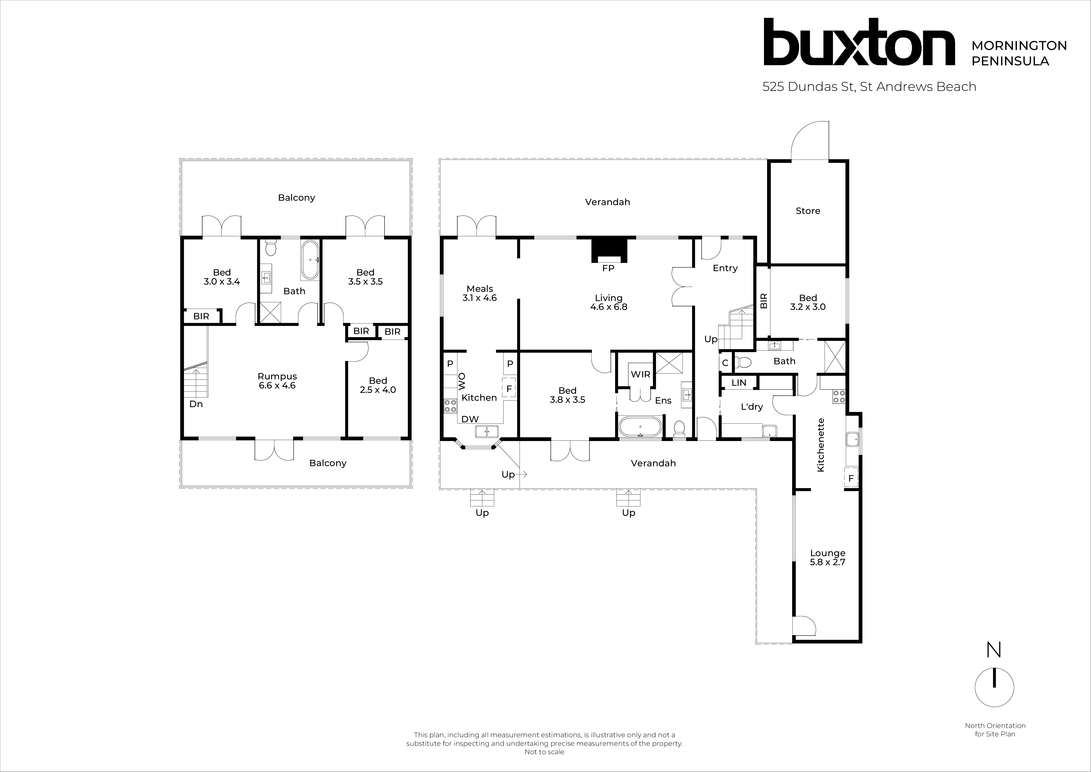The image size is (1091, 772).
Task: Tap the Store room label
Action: pyautogui.click(x=808, y=211)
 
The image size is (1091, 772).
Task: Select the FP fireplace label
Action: pyautogui.click(x=608, y=268)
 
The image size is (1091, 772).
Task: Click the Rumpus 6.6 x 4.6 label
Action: pyautogui.click(x=277, y=381)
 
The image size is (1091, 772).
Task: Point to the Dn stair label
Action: pyautogui.click(x=196, y=404)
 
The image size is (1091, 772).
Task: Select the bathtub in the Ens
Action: pyautogui.click(x=640, y=427)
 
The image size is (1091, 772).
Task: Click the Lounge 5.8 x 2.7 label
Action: pyautogui.click(x=827, y=557)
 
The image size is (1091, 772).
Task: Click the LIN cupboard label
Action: pyautogui.click(x=739, y=383)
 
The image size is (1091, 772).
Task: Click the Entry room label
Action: pyautogui.click(x=725, y=268)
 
